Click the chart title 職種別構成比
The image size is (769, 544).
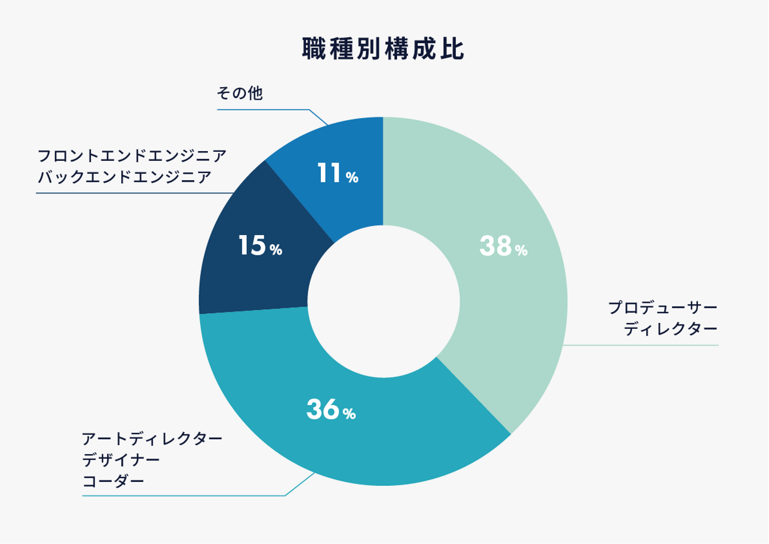click(x=383, y=49)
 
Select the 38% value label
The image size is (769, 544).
click(x=503, y=246)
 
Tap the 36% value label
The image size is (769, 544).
click(x=331, y=410)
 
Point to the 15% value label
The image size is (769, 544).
click(x=260, y=246)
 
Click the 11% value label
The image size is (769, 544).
click(x=337, y=174)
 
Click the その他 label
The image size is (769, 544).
click(x=240, y=94)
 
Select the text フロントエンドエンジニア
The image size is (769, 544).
click(x=132, y=156)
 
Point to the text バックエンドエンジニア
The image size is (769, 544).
click(x=124, y=177)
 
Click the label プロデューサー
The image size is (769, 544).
click(x=663, y=308)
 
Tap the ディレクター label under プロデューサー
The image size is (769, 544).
click(x=671, y=329)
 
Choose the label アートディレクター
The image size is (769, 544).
click(x=152, y=439)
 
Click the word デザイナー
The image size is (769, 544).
click(x=121, y=460)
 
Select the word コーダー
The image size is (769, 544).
click(x=113, y=481)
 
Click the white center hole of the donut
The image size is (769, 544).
click(x=383, y=301)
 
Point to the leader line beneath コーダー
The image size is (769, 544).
click(x=182, y=496)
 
